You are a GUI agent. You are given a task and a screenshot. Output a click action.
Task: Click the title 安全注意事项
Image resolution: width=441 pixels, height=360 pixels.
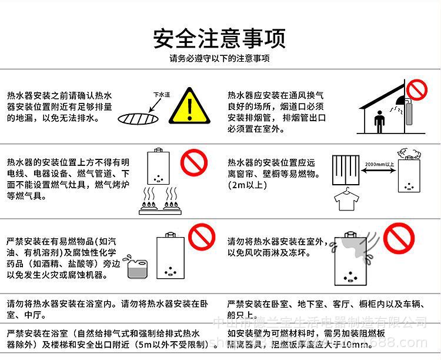220,38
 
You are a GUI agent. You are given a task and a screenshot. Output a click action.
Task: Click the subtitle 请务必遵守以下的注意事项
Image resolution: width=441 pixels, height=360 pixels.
220,59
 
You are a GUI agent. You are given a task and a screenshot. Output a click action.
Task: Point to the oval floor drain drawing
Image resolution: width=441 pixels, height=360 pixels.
139,118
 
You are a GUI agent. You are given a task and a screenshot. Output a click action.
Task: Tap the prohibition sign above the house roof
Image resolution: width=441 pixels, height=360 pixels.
416,90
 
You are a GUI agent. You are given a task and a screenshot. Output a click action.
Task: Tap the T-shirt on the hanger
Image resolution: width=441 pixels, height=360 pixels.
346,200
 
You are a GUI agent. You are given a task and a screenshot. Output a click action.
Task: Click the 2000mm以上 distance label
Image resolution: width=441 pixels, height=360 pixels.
377,164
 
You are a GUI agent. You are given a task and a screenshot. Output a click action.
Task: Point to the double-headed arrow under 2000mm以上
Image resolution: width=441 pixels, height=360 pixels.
377,171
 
